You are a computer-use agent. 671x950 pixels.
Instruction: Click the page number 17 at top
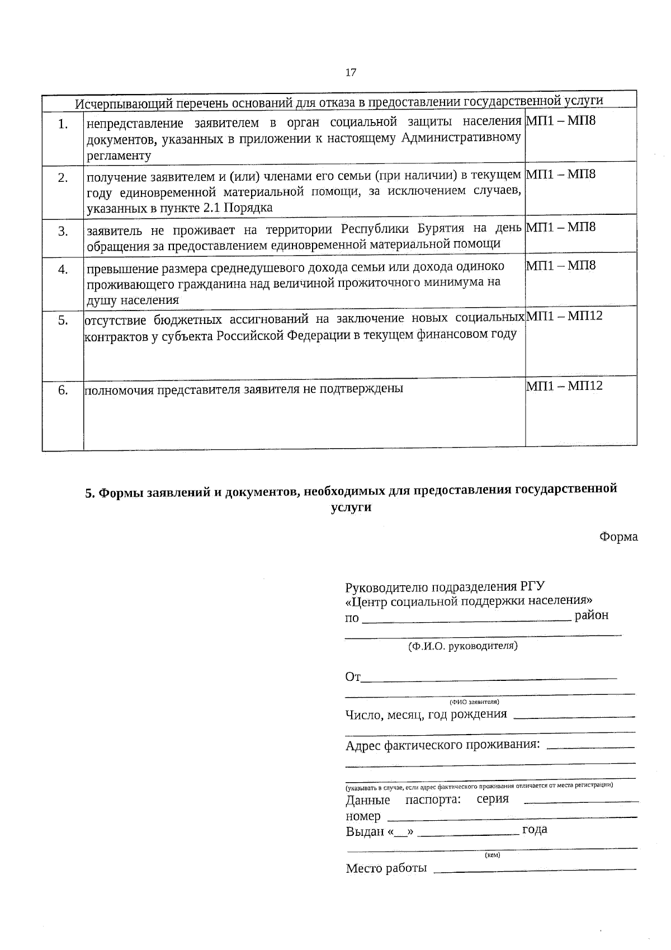(x=351, y=72)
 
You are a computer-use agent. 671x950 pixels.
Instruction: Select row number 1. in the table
(x=63, y=124)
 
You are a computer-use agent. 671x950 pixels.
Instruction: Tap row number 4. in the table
(x=63, y=270)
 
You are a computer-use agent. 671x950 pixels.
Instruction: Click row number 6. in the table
(x=63, y=390)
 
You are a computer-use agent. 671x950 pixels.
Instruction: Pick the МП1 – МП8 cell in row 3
(x=561, y=227)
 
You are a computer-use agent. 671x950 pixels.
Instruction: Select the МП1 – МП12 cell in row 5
(x=564, y=316)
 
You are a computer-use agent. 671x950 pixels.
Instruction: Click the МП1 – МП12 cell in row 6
(x=564, y=385)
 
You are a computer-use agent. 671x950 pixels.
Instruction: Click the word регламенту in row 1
(x=119, y=156)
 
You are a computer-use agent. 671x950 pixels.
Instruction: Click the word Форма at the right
(x=618, y=537)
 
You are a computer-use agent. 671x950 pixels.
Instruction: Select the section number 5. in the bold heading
(x=90, y=493)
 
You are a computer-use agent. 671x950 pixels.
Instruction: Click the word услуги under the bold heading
(x=351, y=507)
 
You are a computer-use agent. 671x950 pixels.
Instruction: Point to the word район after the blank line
(x=592, y=615)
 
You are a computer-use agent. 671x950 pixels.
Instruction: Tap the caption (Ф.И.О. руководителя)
(x=462, y=646)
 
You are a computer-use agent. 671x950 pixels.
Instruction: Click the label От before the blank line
(x=353, y=677)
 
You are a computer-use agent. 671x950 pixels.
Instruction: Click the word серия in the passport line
(x=493, y=799)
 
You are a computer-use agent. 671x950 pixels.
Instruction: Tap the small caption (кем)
(x=492, y=855)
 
